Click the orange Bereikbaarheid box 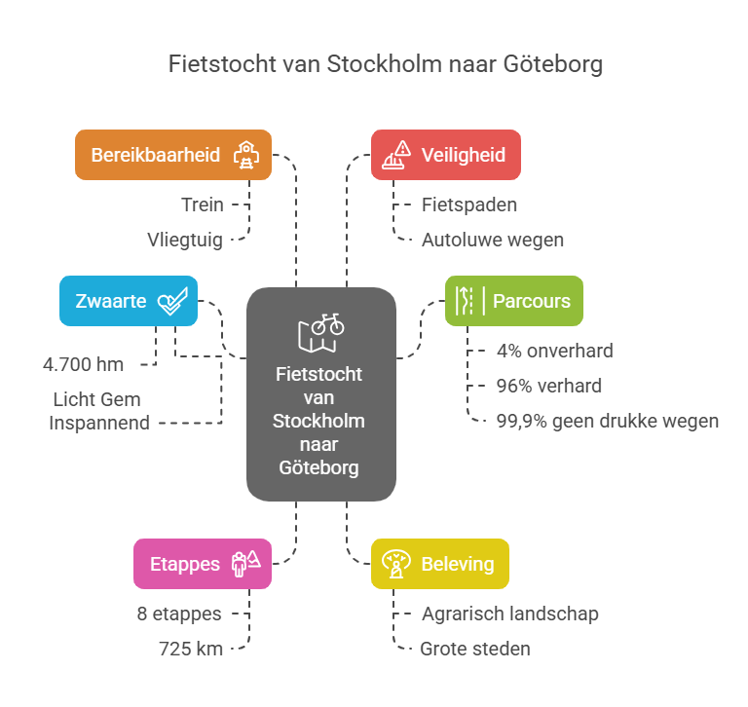coord(173,155)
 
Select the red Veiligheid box coord(445,155)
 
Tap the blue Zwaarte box coord(128,301)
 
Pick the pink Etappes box coord(202,564)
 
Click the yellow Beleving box coord(439,564)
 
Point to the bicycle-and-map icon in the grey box coord(320,331)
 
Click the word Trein coord(202,205)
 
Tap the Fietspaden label coord(468,205)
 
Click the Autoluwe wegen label coord(492,240)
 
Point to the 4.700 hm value coord(83,365)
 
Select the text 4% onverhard coord(554,351)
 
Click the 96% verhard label coord(548,386)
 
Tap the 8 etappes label coord(179,614)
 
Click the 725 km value coord(192,649)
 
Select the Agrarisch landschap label coord(509,614)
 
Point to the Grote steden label coord(475,649)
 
